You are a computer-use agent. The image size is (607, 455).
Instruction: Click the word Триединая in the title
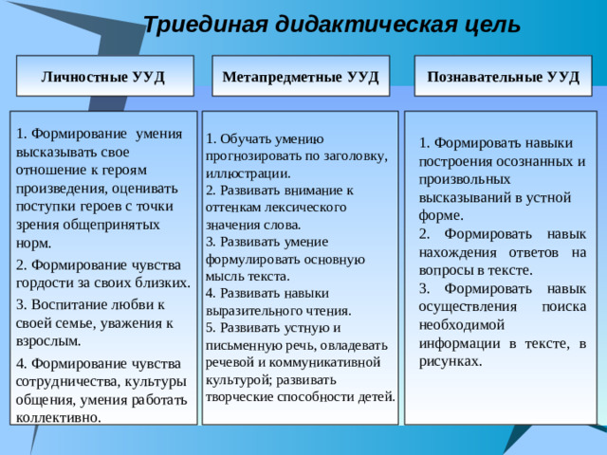tap(196, 25)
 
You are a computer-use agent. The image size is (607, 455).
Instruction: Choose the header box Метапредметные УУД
tap(300, 76)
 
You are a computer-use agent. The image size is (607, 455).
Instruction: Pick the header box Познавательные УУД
tap(503, 76)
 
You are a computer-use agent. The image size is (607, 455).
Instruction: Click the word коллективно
tap(60, 416)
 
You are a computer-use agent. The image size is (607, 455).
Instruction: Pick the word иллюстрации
tap(247, 173)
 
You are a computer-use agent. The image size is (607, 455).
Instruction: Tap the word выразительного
tap(251, 310)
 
